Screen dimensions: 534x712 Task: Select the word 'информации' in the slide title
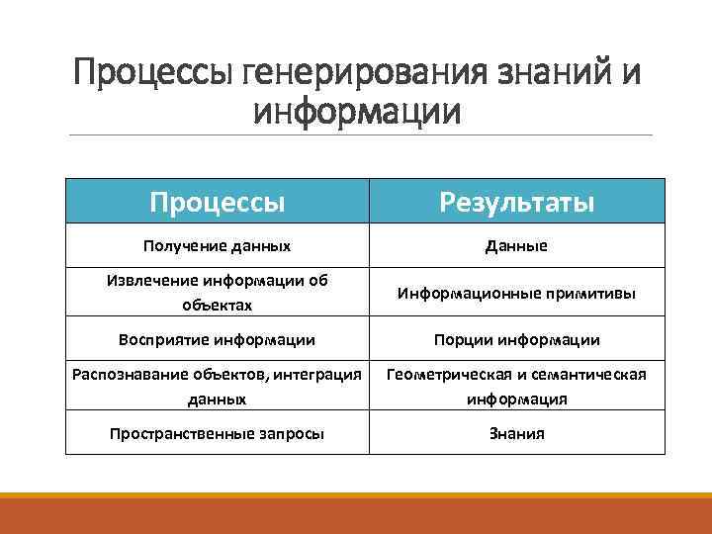pos(357,111)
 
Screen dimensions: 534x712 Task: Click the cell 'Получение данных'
pos(218,245)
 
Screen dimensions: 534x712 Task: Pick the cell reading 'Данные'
pos(516,245)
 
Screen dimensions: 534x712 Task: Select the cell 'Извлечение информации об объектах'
pos(218,293)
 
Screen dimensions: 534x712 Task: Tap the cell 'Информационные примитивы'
pos(516,294)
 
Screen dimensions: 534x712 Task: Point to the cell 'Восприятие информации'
pos(218,339)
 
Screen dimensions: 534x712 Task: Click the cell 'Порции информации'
pos(516,339)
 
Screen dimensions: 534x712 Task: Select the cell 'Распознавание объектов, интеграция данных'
pos(218,386)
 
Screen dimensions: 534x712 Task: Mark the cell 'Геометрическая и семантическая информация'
pos(516,386)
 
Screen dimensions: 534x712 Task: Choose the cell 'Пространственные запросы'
pos(218,433)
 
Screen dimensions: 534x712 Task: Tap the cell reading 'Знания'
pos(516,433)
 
